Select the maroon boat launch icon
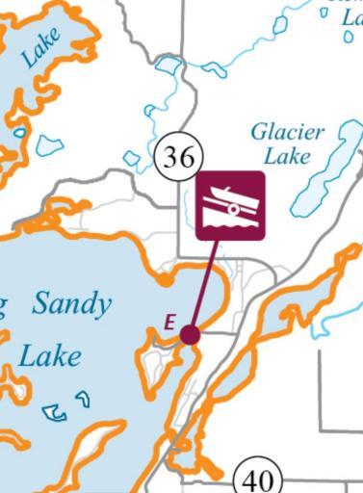coord(230,205)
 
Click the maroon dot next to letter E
coord(190,334)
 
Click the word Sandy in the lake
coord(71,305)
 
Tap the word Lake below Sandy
coord(50,356)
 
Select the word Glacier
coord(288,133)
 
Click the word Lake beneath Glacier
coord(286,157)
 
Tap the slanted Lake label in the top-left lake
coord(40,46)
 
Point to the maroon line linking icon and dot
coord(204,284)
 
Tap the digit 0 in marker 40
coord(267,478)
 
